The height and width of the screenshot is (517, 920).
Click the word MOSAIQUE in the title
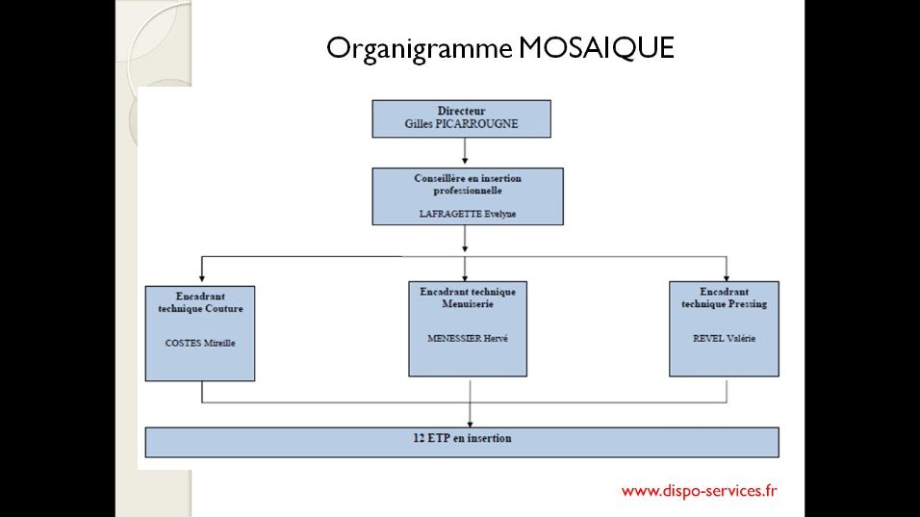tap(596, 47)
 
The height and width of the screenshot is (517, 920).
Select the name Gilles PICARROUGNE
tap(461, 124)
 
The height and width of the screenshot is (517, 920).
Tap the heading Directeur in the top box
tap(461, 111)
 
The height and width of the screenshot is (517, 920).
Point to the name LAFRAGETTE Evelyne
tap(468, 214)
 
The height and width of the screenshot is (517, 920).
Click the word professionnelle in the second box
tap(468, 191)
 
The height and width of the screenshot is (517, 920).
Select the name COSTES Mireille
tap(200, 343)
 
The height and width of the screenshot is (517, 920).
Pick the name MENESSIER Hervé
tap(468, 338)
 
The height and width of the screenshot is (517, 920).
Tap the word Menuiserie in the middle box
tap(468, 304)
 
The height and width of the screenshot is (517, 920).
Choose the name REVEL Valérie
tap(724, 338)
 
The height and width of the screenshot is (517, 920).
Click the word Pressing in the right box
tap(748, 304)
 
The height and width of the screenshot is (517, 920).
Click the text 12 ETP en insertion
tap(462, 438)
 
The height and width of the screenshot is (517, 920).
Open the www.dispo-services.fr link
tap(700, 491)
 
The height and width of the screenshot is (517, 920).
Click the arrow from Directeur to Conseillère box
tap(465, 151)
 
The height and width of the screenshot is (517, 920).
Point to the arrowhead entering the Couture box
tap(202, 278)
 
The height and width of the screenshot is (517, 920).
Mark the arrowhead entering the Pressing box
tap(727, 277)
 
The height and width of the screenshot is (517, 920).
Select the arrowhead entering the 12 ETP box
tap(470, 424)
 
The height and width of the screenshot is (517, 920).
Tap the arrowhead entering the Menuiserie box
tap(465, 277)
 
